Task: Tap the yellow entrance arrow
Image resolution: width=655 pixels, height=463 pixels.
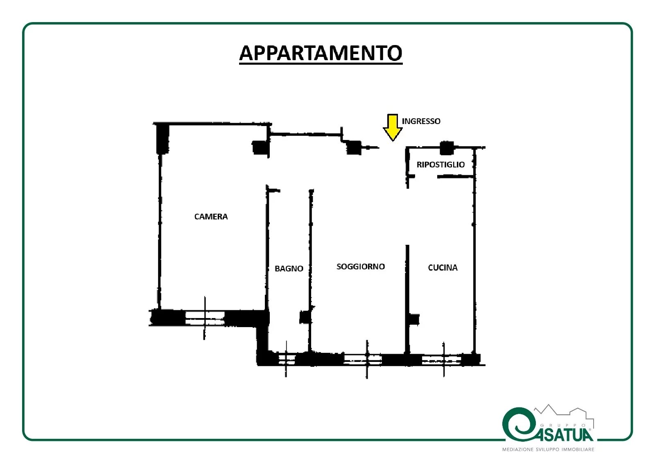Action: click(393, 128)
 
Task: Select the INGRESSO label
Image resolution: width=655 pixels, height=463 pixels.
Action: click(421, 121)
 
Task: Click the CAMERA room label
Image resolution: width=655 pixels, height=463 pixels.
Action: click(211, 217)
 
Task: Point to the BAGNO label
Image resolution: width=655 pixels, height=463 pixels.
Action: click(289, 269)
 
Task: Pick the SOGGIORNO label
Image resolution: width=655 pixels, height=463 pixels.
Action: click(361, 267)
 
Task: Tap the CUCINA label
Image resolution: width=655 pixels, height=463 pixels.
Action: click(443, 268)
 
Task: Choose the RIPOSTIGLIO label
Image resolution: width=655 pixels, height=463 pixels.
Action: click(440, 165)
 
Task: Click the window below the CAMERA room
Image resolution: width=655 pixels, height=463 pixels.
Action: click(205, 318)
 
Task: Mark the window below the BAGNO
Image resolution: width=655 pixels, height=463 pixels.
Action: click(287, 359)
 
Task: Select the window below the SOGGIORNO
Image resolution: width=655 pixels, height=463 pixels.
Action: click(363, 359)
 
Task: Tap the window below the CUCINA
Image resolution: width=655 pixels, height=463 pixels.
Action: click(442, 360)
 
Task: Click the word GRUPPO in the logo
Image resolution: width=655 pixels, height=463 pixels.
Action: click(563, 425)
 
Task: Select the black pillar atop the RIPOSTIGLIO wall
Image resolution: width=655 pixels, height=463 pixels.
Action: click(447, 148)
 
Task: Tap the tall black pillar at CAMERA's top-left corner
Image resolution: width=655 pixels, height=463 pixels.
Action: click(163, 139)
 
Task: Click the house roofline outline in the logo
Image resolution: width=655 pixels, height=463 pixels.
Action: click(564, 415)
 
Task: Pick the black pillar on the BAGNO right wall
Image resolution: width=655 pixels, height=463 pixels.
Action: click(305, 317)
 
